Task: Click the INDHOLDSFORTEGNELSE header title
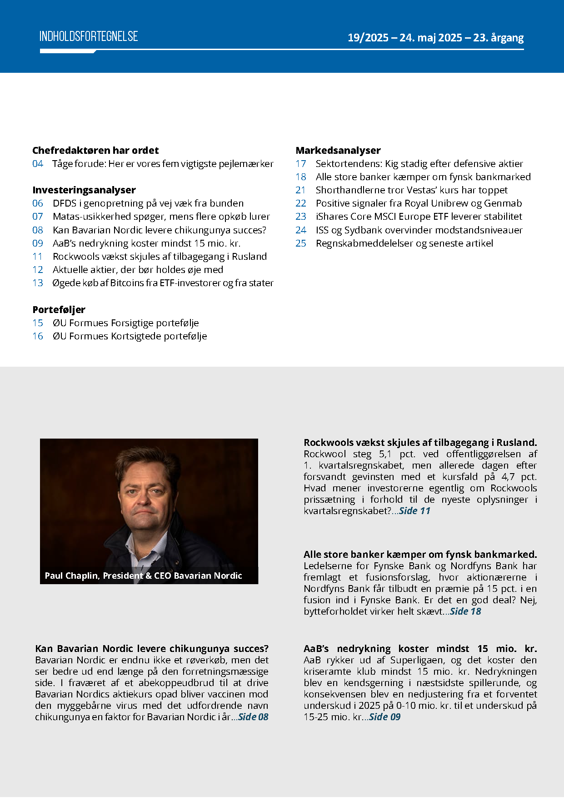(89, 36)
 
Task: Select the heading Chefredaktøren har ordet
(95, 150)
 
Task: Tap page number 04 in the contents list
(38, 164)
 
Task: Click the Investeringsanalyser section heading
(84, 190)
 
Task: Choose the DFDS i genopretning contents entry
(148, 203)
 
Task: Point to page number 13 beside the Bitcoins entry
(38, 283)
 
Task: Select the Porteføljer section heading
(59, 309)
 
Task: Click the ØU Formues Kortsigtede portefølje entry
(130, 336)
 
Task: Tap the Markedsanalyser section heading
(338, 150)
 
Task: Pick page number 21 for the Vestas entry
(301, 190)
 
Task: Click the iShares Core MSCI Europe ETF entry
(419, 217)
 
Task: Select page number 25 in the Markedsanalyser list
(301, 243)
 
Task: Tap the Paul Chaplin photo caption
(143, 576)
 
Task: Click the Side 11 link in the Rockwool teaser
(414, 511)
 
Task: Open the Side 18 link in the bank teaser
(465, 611)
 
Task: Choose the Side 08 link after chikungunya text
(253, 717)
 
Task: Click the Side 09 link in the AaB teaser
(384, 717)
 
